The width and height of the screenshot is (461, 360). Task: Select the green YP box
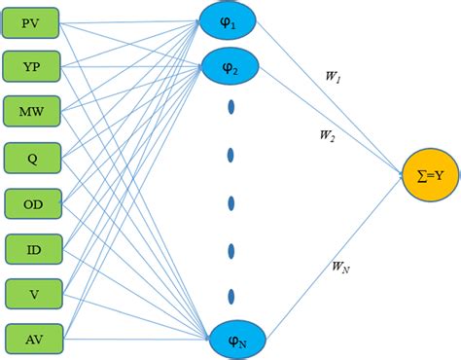click(33, 65)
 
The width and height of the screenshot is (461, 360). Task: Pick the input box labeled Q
click(33, 156)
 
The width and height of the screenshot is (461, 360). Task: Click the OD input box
click(33, 204)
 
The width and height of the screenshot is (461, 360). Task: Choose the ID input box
click(33, 250)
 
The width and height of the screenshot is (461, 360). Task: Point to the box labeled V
click(33, 294)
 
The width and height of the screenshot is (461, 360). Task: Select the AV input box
click(33, 339)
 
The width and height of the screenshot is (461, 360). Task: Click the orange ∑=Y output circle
click(429, 174)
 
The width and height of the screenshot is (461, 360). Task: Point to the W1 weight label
click(332, 73)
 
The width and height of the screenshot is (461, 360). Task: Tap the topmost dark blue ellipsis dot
click(231, 107)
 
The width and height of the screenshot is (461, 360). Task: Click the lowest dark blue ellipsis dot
click(231, 295)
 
